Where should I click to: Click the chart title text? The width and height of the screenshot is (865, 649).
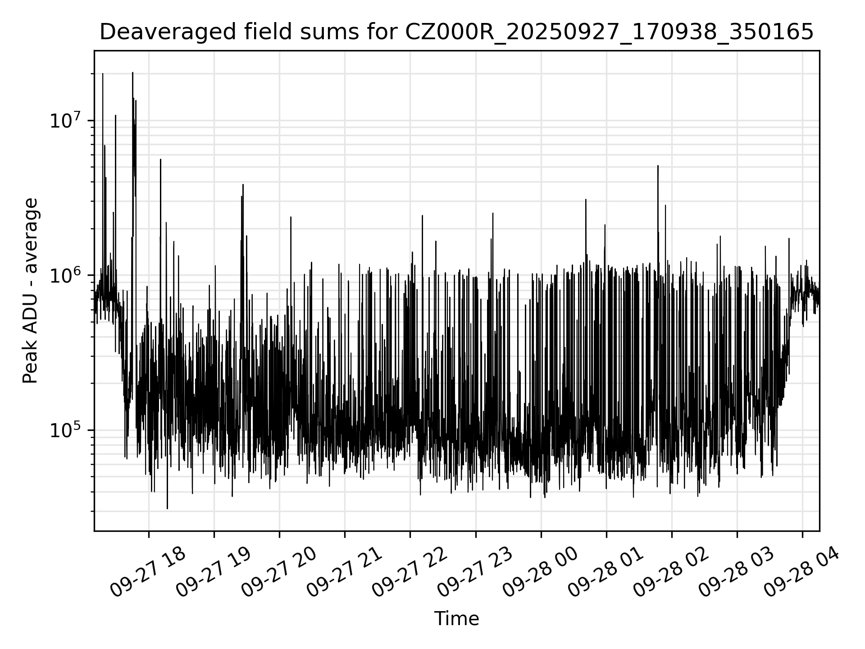[x=456, y=32]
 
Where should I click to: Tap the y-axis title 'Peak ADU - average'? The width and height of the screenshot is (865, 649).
[x=30, y=291]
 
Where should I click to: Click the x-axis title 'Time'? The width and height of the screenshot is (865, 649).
[x=456, y=619]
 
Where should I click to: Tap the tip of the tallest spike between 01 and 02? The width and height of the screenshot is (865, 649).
[x=658, y=166]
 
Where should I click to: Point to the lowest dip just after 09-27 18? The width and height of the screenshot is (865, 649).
[x=167, y=508]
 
